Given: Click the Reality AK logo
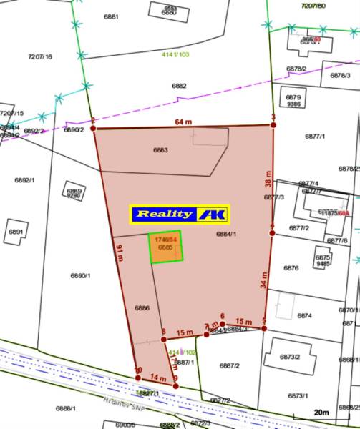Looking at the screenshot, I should coord(179,214).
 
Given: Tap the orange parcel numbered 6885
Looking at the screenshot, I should coord(166,247).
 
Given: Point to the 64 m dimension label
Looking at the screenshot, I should coord(184,122).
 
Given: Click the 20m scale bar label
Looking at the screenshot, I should coord(321,413).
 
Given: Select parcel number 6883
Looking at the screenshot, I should coord(160,150).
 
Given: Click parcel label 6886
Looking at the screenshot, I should coord(142,307).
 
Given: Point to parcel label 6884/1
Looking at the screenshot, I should coord(226,233).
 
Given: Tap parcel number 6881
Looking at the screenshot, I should coord(110,16).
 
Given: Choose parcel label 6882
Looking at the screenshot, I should coord(179,86).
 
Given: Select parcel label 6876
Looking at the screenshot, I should coord(291,268).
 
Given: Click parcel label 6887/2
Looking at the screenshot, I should coord(229,365).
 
